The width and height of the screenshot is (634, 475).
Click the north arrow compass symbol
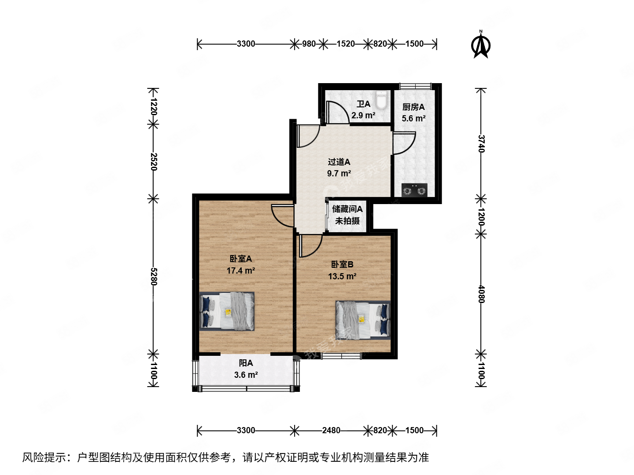[x=481, y=45]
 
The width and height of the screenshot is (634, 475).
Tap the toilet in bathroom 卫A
[x=381, y=100]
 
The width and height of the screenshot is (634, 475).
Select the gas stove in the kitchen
[x=414, y=190]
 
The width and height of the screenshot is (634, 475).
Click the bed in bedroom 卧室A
[x=227, y=311]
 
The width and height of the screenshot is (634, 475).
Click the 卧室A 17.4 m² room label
[x=240, y=265]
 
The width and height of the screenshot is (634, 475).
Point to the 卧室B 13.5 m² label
[x=342, y=270]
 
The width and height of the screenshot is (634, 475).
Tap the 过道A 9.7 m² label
[x=339, y=168]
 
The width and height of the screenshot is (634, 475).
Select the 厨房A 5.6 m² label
[x=413, y=113]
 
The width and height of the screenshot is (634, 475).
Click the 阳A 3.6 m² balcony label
[x=246, y=369]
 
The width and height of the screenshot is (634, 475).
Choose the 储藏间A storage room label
[x=347, y=209]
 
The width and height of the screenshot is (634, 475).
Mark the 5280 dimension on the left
[x=153, y=276]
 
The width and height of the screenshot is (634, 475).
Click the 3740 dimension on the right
[x=481, y=143]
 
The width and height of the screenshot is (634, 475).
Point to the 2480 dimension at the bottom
[x=331, y=430]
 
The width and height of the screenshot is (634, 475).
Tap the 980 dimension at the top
[x=309, y=44]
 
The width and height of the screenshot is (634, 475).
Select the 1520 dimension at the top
[x=345, y=44]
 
